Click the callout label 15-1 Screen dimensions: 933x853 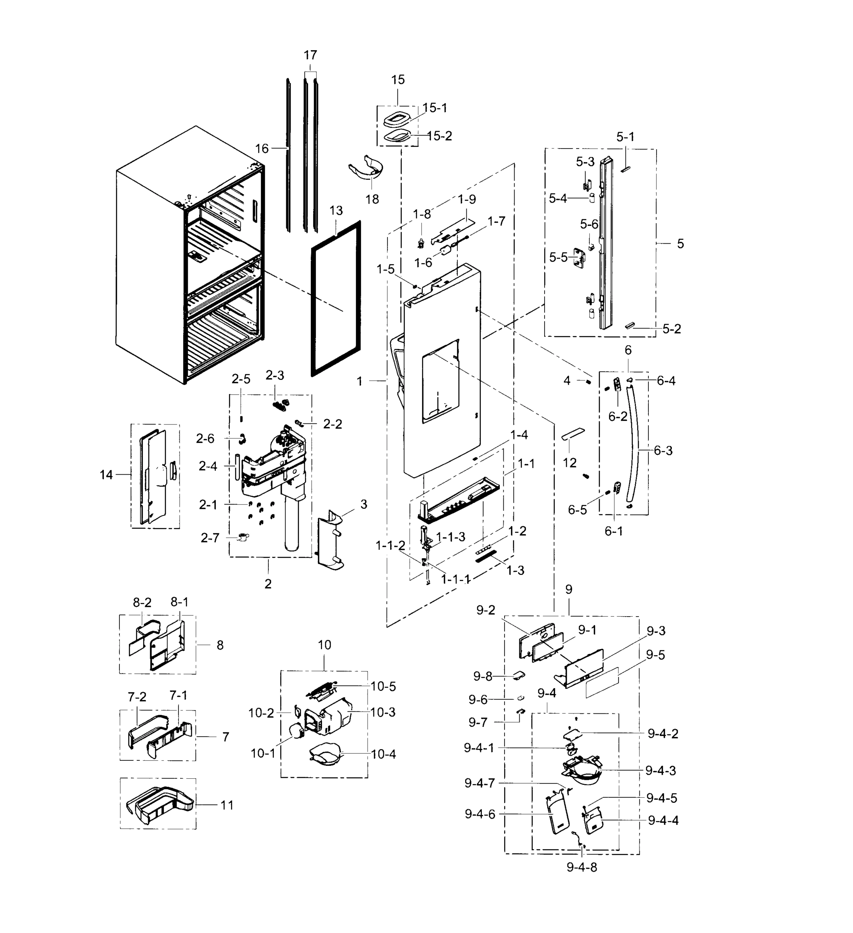(x=434, y=108)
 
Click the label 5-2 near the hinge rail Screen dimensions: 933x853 (x=671, y=329)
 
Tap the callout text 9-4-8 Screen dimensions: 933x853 (x=582, y=867)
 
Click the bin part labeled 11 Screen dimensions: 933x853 (x=160, y=805)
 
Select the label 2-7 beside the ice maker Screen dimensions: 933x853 (x=210, y=538)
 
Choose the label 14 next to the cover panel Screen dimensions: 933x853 (x=106, y=474)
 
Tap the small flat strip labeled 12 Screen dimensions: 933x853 (x=573, y=434)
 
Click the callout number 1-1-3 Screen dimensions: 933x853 (x=450, y=537)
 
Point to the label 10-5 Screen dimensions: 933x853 (x=383, y=686)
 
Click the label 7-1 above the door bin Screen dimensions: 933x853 (x=178, y=695)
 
